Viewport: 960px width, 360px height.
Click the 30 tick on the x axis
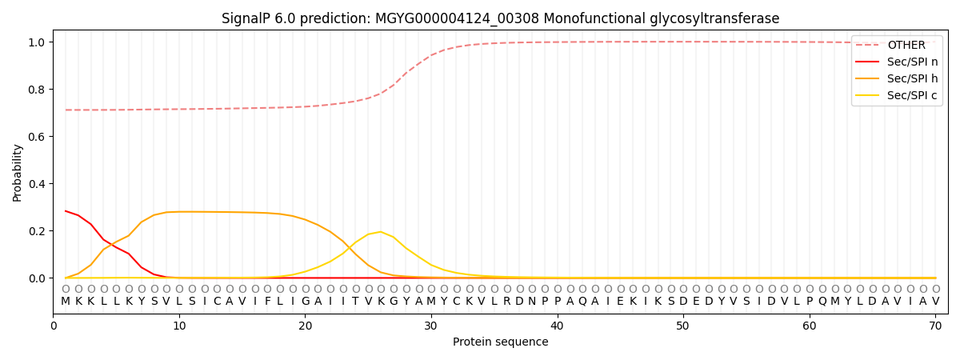coord(431,326)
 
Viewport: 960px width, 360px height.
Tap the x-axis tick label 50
coord(683,326)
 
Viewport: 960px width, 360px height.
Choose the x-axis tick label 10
coord(179,326)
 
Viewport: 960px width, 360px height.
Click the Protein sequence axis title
coord(500,342)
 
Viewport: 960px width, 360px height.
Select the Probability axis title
coord(18,172)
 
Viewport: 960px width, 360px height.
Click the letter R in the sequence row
coord(507,302)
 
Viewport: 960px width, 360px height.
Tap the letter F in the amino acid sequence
coord(267,302)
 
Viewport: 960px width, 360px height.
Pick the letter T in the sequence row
coord(356,302)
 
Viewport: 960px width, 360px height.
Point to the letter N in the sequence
coord(532,302)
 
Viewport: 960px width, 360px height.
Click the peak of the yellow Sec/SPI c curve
coord(381,232)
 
